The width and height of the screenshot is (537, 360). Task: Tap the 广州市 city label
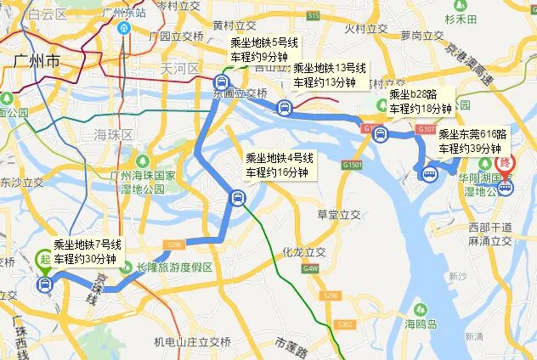pos(37,61)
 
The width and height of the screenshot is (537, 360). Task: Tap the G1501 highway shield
pos(353,164)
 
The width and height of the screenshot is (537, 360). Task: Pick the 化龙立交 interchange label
pos(305,252)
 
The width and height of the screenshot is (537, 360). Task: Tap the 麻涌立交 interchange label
pos(487,242)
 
